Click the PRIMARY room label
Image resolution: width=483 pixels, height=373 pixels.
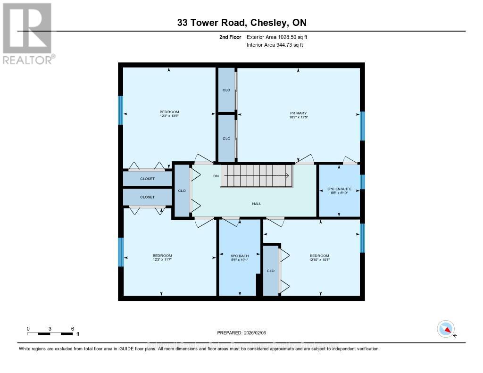click(298, 113)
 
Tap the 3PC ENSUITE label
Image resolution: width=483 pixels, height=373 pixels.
click(340, 189)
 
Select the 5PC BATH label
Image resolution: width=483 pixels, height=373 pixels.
click(239, 256)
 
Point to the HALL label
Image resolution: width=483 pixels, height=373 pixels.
click(257, 204)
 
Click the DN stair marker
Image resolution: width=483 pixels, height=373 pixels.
click(216, 176)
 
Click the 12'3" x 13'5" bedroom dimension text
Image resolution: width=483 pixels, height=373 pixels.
click(169, 116)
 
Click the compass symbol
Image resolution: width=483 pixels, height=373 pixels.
click(446, 329)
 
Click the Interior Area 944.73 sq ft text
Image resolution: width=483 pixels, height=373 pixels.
click(275, 45)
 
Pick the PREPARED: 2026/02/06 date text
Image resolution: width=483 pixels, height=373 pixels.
click(241, 332)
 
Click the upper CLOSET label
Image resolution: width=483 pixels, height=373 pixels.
click(147, 179)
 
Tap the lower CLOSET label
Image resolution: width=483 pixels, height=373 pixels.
click(147, 197)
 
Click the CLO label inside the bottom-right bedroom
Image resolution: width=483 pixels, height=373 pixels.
click(271, 271)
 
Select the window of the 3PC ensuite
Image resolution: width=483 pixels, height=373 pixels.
click(362, 182)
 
